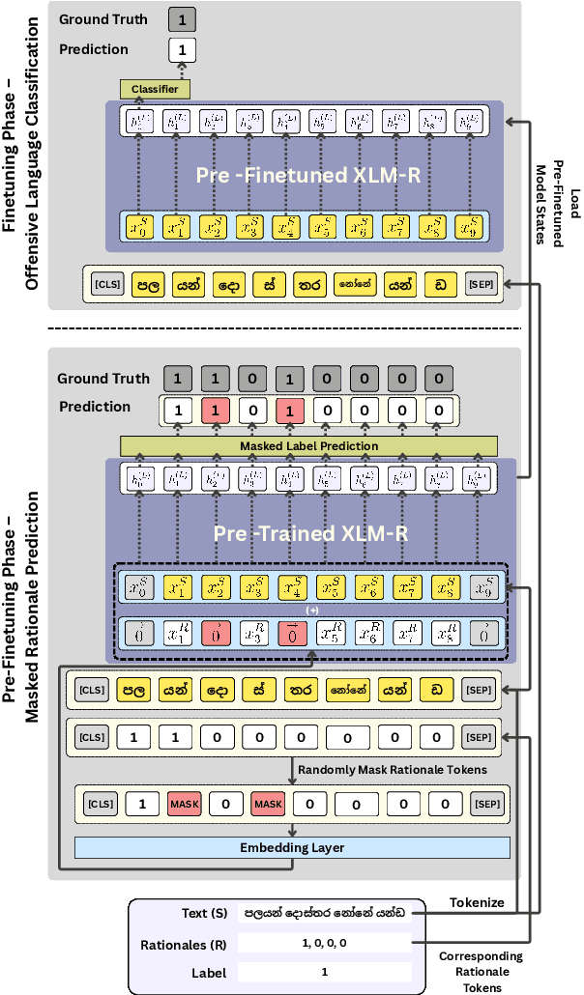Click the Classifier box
point(155,90)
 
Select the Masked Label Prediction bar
point(308,445)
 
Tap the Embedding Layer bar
point(292,847)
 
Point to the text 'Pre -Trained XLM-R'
point(309,534)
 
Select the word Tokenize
point(476,901)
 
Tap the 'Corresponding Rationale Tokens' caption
point(481,971)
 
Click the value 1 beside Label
point(324,974)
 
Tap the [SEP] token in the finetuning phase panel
point(480,285)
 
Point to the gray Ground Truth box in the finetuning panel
point(182,17)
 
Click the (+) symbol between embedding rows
point(311,611)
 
